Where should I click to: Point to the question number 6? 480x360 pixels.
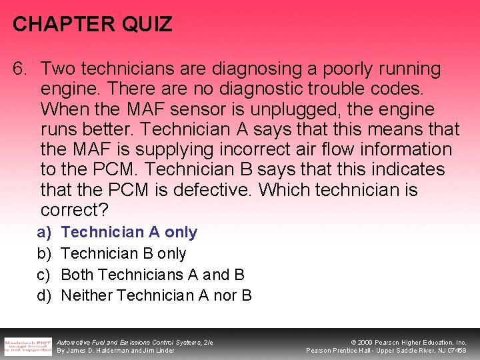point(21,69)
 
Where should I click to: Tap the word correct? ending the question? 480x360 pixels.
point(74,210)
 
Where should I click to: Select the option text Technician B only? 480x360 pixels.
point(123,253)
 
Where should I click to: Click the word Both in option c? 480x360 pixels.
point(79,274)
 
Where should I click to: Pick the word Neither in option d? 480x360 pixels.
point(87,295)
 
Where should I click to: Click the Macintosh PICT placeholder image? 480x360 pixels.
point(28,345)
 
